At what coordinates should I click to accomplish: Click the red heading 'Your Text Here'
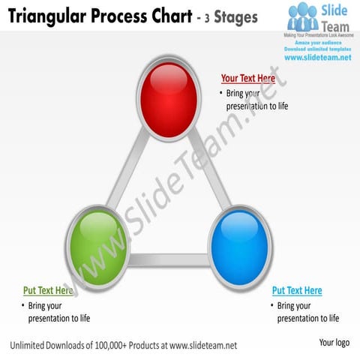(x=247, y=79)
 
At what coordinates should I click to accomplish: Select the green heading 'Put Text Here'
(x=48, y=291)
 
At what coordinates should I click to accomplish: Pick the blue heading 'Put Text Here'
(x=297, y=291)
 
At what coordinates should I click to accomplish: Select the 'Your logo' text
(x=334, y=343)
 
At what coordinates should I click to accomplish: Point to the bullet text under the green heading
(x=58, y=312)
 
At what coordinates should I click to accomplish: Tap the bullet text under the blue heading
(x=307, y=312)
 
